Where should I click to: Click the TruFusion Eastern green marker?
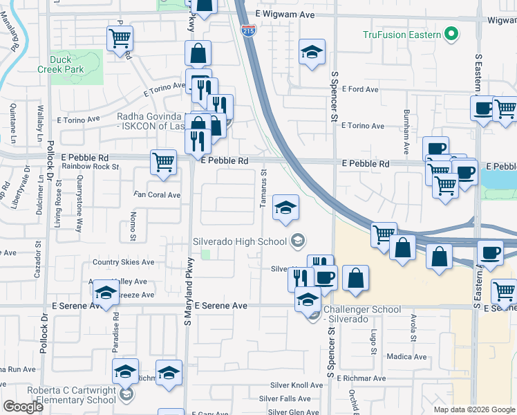452,34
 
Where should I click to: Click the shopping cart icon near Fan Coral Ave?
163,163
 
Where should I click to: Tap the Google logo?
23,406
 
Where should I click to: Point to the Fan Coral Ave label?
157,195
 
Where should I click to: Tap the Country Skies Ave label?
123,262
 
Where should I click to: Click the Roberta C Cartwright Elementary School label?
71,395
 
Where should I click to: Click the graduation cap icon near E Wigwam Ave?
312,52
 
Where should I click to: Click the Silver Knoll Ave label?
297,385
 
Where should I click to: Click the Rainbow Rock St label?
91,166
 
